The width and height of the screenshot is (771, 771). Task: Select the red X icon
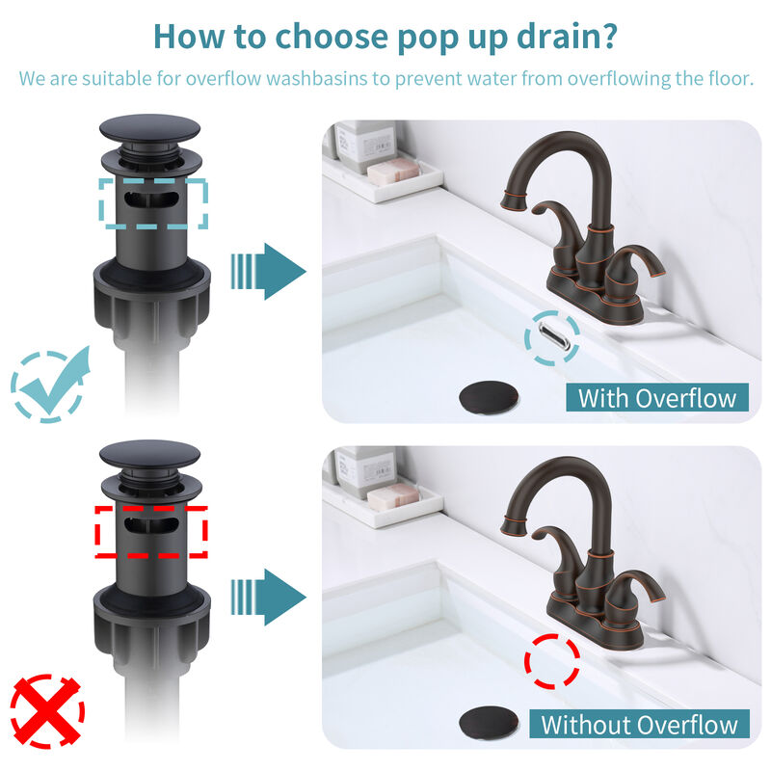46,712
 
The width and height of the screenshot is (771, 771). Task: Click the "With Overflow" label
657,397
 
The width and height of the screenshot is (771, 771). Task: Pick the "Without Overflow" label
640,725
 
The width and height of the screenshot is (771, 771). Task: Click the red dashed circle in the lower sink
552,662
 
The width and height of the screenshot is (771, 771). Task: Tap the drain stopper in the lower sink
490,723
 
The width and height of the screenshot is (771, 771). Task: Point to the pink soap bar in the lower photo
393,497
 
